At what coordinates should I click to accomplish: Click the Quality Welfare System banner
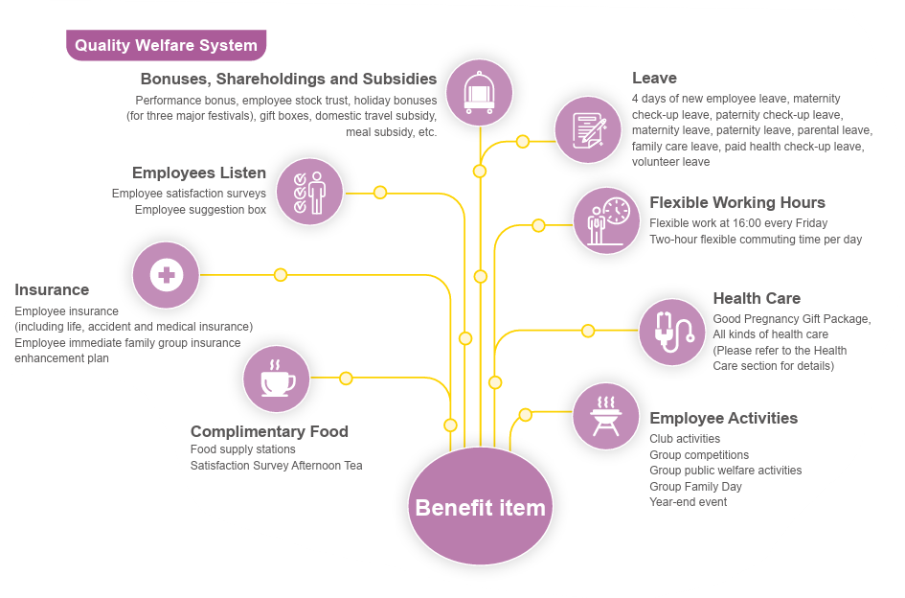click(x=166, y=45)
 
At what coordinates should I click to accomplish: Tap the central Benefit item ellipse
click(x=480, y=506)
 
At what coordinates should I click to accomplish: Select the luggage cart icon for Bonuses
click(x=479, y=93)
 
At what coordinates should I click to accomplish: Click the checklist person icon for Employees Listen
click(x=309, y=192)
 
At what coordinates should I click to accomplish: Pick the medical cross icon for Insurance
click(x=166, y=275)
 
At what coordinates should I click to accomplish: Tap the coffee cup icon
click(x=276, y=379)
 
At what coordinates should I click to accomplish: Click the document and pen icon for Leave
click(x=588, y=129)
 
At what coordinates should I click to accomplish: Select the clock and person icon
click(x=606, y=220)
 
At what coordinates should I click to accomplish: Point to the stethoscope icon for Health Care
click(x=671, y=333)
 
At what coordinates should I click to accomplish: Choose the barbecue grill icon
click(x=605, y=416)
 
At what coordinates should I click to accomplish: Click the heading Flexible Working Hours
click(x=736, y=202)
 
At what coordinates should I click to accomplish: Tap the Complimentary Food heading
click(x=269, y=431)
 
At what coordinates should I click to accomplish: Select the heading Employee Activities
click(x=723, y=418)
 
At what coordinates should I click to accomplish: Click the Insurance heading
click(x=52, y=289)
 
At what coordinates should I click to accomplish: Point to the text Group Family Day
click(x=695, y=487)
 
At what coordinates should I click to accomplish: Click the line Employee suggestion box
click(x=200, y=210)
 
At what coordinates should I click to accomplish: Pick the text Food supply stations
click(x=243, y=449)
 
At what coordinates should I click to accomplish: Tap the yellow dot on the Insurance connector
click(x=281, y=275)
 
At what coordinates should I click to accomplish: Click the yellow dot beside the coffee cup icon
click(x=346, y=379)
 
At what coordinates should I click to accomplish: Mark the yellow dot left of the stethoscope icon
click(x=588, y=331)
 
